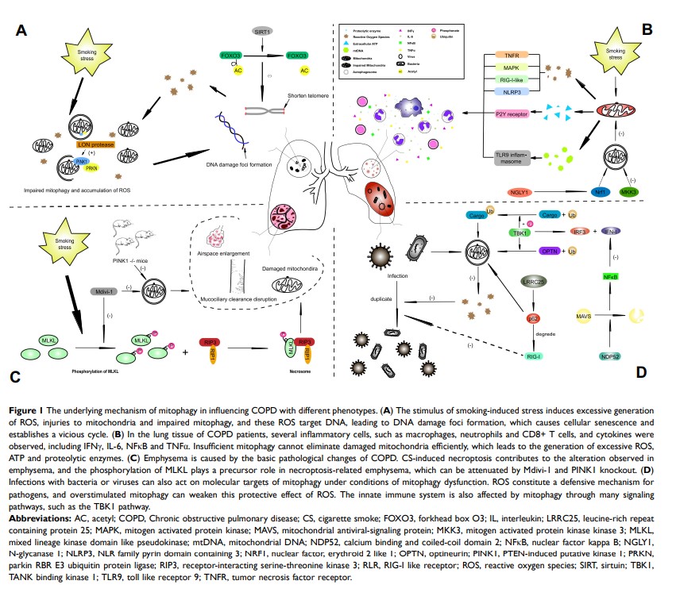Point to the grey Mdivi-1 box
[105, 291]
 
